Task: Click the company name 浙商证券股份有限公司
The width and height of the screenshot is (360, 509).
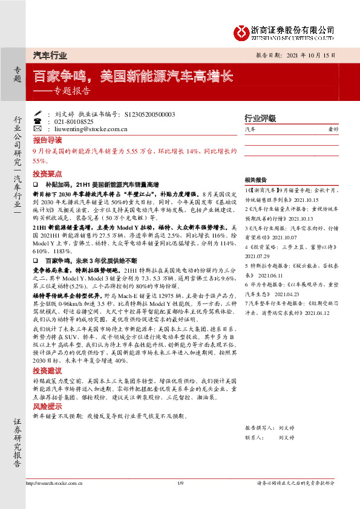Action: click(x=293, y=28)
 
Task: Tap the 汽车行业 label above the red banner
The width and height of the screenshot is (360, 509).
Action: click(x=50, y=55)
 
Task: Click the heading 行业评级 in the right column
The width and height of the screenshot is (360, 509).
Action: click(x=260, y=118)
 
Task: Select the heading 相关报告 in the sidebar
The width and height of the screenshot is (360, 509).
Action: click(x=256, y=180)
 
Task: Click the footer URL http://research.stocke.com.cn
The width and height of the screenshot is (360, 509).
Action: click(x=54, y=484)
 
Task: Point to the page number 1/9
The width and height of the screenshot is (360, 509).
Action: click(x=180, y=484)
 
